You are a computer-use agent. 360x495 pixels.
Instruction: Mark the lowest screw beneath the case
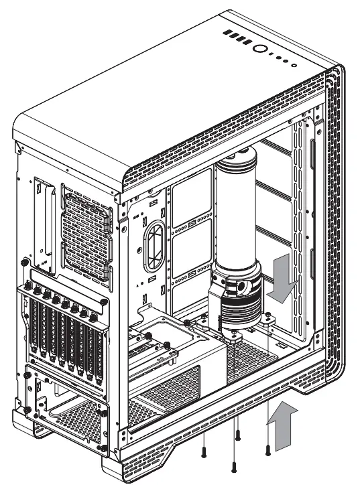pos(233,466)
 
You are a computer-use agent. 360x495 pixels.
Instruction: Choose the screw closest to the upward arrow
pos(267,449)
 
